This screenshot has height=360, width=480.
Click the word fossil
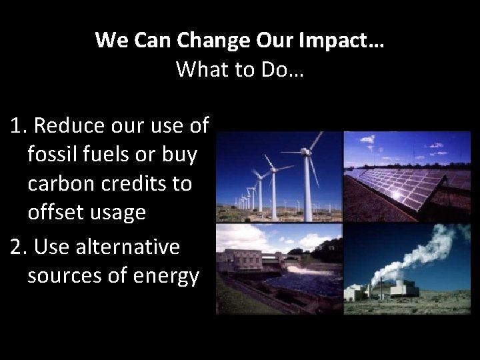[x=52, y=154]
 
